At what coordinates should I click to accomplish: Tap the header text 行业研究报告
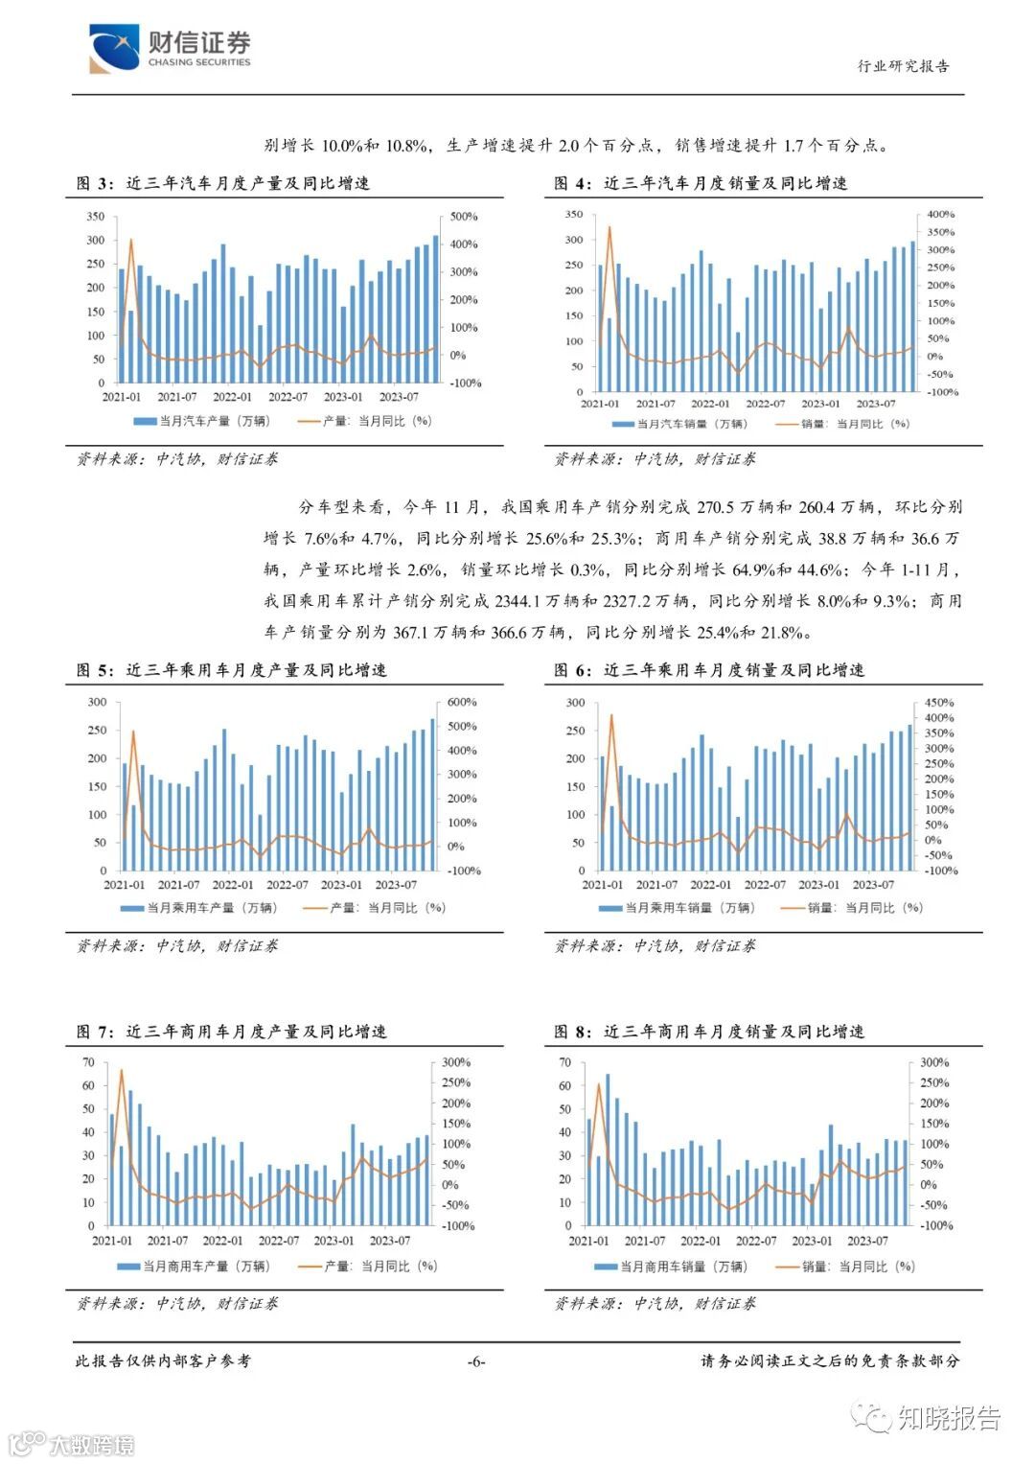point(903,66)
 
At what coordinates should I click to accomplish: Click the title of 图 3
point(222,183)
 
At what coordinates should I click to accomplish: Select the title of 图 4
point(701,183)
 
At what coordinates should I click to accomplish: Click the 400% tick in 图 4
point(940,215)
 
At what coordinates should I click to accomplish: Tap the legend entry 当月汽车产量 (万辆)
point(202,421)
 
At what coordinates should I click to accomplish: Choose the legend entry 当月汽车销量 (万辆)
point(679,424)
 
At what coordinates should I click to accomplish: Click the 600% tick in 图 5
point(462,703)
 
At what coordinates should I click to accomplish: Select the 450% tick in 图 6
point(939,703)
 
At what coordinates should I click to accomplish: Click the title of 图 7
point(231,1032)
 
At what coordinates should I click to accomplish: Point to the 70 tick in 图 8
point(564,1062)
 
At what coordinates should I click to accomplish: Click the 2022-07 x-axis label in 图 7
point(279,1241)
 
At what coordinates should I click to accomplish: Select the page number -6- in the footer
point(475,1361)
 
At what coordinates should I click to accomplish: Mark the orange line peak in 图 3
point(131,240)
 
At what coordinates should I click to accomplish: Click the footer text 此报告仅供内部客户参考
point(163,1361)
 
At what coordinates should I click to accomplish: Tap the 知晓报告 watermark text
point(949,1418)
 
